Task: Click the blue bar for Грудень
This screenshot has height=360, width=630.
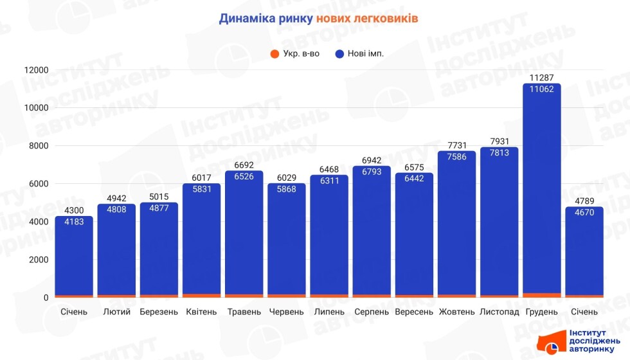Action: tap(541, 193)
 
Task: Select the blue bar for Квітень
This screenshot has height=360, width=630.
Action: tap(201, 244)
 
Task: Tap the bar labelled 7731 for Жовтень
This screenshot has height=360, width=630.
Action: tap(456, 225)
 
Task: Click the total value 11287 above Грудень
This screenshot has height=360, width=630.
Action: tap(541, 78)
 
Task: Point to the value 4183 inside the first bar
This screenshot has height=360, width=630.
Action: tap(74, 222)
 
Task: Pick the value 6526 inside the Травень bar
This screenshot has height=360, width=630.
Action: tap(244, 177)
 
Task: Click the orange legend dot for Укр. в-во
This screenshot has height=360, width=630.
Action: tap(274, 53)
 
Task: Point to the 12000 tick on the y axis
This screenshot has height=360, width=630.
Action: tap(37, 70)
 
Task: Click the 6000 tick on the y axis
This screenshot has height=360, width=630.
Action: tap(39, 184)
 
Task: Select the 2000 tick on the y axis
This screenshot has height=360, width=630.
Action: tap(39, 260)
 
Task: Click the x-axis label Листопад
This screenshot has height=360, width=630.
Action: tap(499, 312)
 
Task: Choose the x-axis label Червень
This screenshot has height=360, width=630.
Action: tap(286, 312)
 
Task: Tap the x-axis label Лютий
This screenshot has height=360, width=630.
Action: tap(116, 312)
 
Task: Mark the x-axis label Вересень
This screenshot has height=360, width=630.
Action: tap(414, 312)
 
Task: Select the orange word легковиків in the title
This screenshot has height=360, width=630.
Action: tap(385, 19)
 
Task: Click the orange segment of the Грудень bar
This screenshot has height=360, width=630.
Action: tap(541, 294)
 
